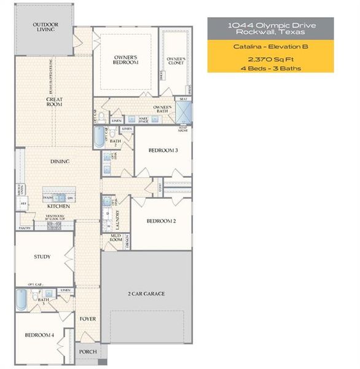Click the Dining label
60,162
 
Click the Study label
42,257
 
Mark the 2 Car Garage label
146,294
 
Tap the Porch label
87,352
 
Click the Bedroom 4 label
39,335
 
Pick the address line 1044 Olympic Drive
270,25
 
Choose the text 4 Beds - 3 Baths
270,68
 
